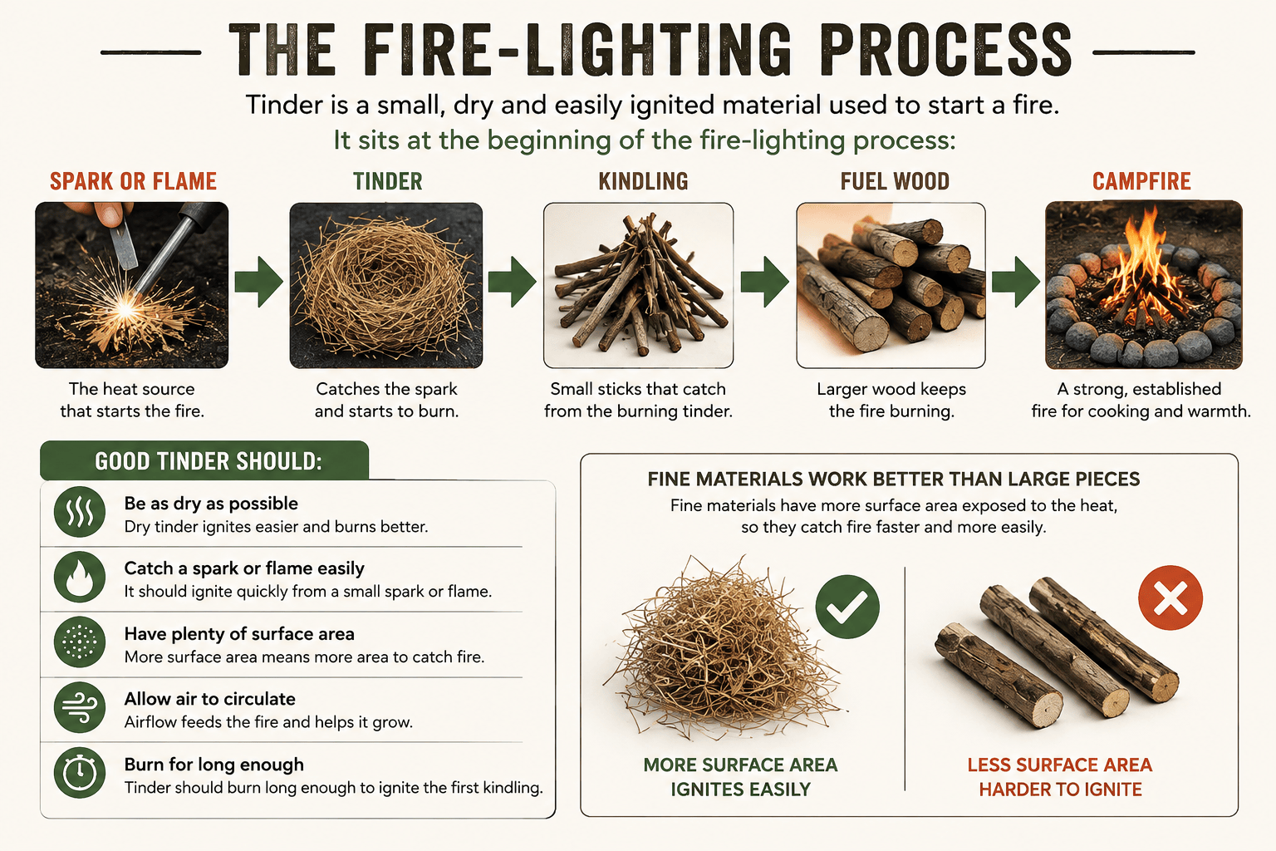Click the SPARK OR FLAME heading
(133, 181)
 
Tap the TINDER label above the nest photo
(387, 181)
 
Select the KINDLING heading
(643, 181)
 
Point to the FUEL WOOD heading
(895, 181)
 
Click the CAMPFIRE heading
(1141, 181)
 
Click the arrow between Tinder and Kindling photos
(512, 282)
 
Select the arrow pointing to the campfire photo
(1016, 282)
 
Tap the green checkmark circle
(847, 607)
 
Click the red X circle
(1170, 598)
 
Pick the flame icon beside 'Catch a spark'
(80, 577)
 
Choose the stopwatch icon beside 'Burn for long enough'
(80, 772)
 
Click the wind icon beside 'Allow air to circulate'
(80, 706)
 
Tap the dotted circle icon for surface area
(80, 642)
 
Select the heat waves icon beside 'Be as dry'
(80, 511)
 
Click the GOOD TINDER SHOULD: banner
(204, 460)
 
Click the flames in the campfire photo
(1142, 268)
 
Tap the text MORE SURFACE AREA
(740, 765)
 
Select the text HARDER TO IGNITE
(1060, 790)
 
